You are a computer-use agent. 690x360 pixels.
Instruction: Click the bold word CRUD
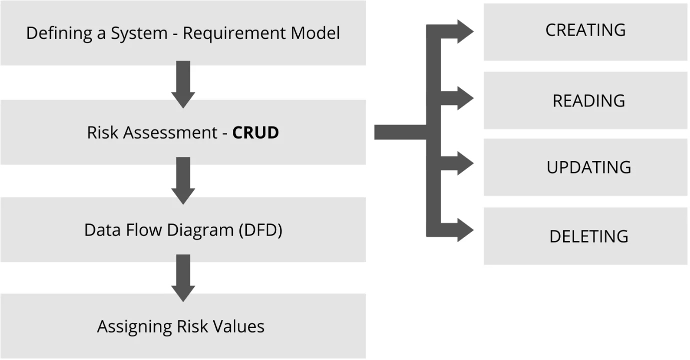(x=255, y=133)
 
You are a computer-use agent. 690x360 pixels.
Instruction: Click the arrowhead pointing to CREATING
(x=463, y=31)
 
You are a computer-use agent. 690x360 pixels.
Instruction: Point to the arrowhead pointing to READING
(x=464, y=98)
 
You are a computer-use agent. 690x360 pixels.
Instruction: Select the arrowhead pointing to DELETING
(x=464, y=230)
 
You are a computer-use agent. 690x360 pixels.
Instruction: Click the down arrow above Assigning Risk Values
(x=183, y=277)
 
